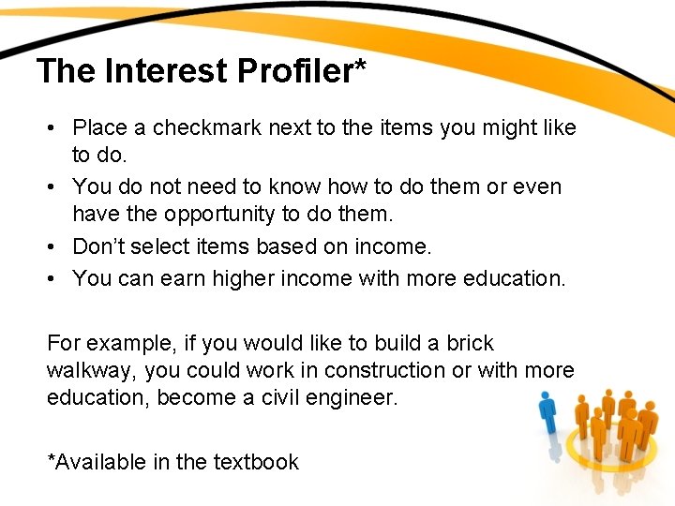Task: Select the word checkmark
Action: [x=207, y=127]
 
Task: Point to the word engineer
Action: [x=357, y=397]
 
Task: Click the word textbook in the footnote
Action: [x=256, y=462]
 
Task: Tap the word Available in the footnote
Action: [x=97, y=462]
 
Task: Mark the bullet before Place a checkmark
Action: [x=57, y=127]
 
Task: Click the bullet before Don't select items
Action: [x=57, y=246]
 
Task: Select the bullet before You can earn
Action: [x=57, y=278]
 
